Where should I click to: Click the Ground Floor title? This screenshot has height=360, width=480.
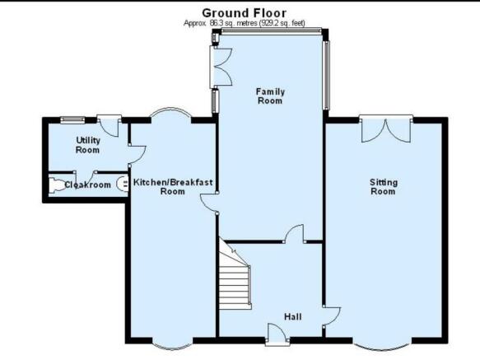click(x=244, y=13)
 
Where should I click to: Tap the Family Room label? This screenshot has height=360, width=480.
click(x=270, y=96)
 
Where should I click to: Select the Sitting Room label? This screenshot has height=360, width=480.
click(x=384, y=187)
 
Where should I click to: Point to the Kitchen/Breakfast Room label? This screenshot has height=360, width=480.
click(x=173, y=187)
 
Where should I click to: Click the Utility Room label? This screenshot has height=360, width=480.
click(x=88, y=145)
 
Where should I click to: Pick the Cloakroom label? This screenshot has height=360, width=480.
click(x=88, y=185)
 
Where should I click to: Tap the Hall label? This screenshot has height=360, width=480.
click(x=293, y=316)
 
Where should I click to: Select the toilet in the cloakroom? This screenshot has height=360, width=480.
click(x=56, y=185)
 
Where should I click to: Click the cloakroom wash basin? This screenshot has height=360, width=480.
click(x=123, y=185)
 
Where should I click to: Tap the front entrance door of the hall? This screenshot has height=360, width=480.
click(x=277, y=334)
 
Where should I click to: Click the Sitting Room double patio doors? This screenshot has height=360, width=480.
click(x=386, y=129)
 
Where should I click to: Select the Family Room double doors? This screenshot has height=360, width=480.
click(x=221, y=67)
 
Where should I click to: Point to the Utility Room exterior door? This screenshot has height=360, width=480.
click(x=109, y=125)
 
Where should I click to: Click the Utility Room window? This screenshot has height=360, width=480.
click(x=72, y=119)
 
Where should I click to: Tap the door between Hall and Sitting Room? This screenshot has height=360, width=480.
click(x=331, y=316)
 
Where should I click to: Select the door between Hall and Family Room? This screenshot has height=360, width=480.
click(x=295, y=233)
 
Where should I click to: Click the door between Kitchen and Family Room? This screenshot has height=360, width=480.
click(x=209, y=203)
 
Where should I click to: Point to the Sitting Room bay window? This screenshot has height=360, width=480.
click(x=382, y=345)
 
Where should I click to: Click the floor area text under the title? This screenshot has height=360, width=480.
click(x=245, y=23)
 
